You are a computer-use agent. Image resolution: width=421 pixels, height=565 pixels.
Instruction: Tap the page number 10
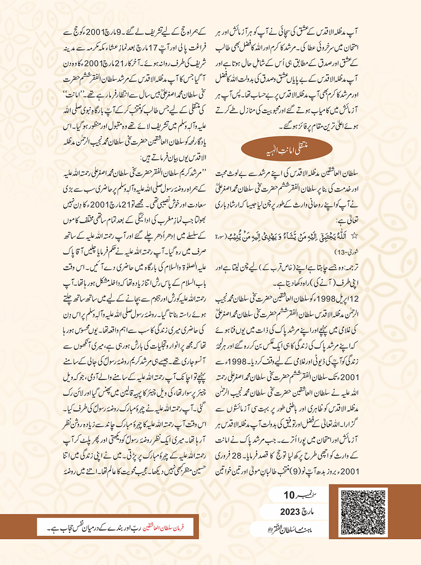[x=289, y=495]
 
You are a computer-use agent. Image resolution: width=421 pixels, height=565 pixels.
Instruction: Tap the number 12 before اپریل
[x=355, y=298]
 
